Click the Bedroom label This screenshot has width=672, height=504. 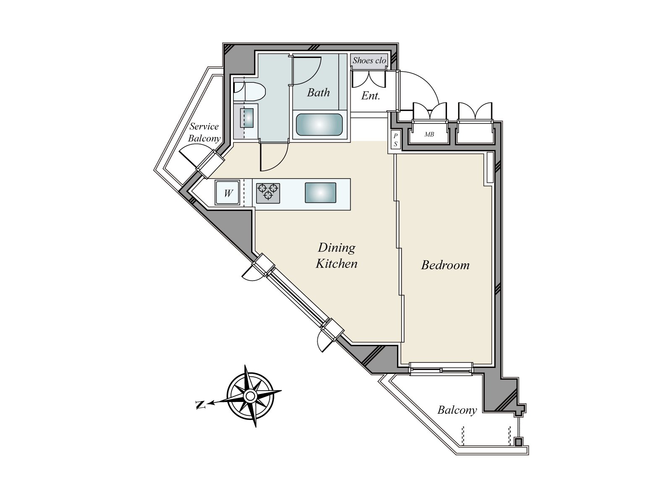tap(445, 265)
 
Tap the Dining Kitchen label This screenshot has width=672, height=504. tap(336, 255)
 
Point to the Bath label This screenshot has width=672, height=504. tap(318, 92)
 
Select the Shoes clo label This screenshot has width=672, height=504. tap(369, 60)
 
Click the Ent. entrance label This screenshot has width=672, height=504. tap(370, 96)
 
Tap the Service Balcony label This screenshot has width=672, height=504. tap(204, 132)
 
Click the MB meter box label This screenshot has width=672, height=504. tap(429, 134)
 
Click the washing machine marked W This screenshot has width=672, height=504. tap(228, 193)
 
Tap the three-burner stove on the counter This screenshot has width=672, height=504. tap(268, 192)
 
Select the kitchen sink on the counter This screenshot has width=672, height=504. tap(320, 193)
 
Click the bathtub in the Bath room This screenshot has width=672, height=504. tap(319, 124)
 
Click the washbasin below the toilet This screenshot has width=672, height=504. tap(247, 118)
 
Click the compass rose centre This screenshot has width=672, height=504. tap(250, 396)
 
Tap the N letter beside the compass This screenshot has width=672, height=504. tap(201, 405)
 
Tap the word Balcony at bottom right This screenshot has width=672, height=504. tap(457, 410)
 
